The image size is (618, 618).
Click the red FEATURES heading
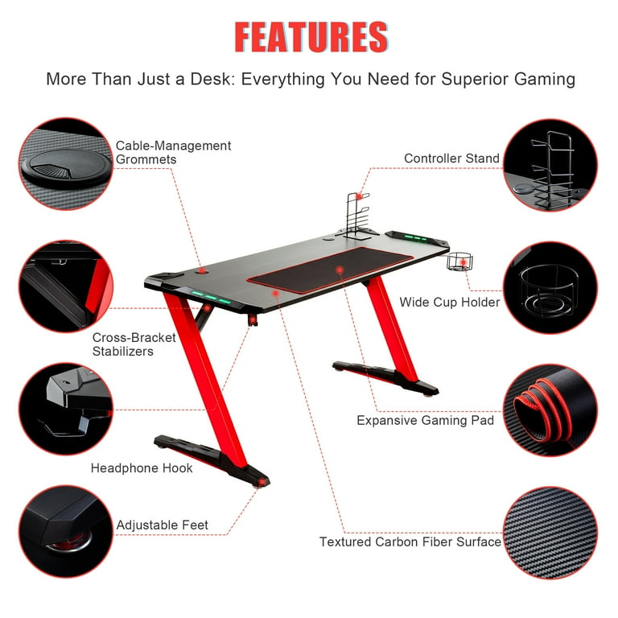(x=311, y=37)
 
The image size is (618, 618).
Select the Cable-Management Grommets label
(x=173, y=152)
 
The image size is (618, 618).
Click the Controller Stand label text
(x=451, y=158)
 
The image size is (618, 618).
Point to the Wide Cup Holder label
(x=450, y=302)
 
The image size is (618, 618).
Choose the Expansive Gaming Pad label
(x=425, y=420)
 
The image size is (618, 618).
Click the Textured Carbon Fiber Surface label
(x=410, y=542)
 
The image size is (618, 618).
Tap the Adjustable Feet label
(x=162, y=525)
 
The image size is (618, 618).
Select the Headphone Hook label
(x=142, y=468)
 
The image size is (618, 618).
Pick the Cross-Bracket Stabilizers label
(x=134, y=344)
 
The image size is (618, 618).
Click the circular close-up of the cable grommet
(x=66, y=164)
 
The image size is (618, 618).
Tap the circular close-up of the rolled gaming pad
(x=550, y=410)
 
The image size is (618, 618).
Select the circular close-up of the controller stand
(x=550, y=165)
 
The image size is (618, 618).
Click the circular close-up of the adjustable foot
(x=66, y=531)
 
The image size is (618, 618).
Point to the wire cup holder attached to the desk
(x=459, y=262)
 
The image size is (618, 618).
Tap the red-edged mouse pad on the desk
(x=330, y=270)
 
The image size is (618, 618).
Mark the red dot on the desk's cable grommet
(x=202, y=270)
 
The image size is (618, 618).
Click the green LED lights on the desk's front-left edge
(x=211, y=297)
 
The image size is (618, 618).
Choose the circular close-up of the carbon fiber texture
(x=550, y=533)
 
